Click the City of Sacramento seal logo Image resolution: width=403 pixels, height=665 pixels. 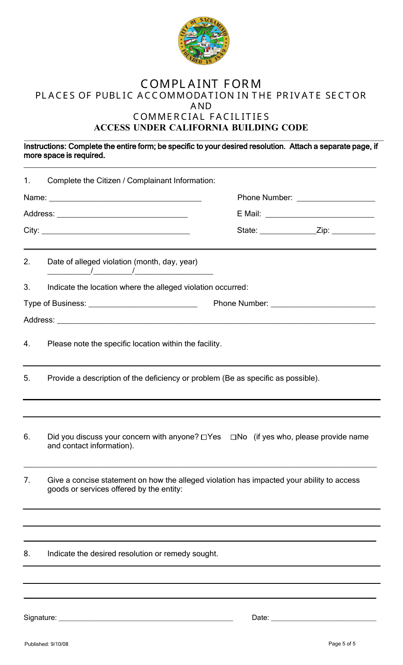click(x=203, y=41)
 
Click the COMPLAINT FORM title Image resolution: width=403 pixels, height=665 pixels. click(x=201, y=84)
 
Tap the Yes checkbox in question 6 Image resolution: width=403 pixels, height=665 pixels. click(x=204, y=437)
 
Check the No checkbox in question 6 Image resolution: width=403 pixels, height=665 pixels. click(x=233, y=437)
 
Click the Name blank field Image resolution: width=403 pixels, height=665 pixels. click(x=125, y=198)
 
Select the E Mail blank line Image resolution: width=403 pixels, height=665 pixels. click(x=319, y=214)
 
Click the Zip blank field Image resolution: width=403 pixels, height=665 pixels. click(x=353, y=231)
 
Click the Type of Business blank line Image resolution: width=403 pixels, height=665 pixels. click(x=143, y=304)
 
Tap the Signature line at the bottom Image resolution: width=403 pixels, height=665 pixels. click(x=146, y=618)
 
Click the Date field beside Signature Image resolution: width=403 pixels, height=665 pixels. click(x=323, y=618)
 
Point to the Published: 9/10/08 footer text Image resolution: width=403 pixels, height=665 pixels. click(x=46, y=644)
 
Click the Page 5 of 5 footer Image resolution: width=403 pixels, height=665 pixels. click(x=342, y=644)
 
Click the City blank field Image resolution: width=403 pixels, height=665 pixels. click(x=116, y=231)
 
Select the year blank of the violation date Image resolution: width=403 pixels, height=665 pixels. click(x=174, y=272)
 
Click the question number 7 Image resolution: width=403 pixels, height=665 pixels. click(x=27, y=480)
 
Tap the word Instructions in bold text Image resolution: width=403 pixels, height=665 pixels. click(x=45, y=147)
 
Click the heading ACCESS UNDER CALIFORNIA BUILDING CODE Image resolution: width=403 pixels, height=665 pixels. click(x=201, y=127)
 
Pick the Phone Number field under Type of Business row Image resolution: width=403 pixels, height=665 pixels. click(x=323, y=304)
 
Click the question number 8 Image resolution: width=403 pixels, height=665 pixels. click(x=27, y=554)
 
